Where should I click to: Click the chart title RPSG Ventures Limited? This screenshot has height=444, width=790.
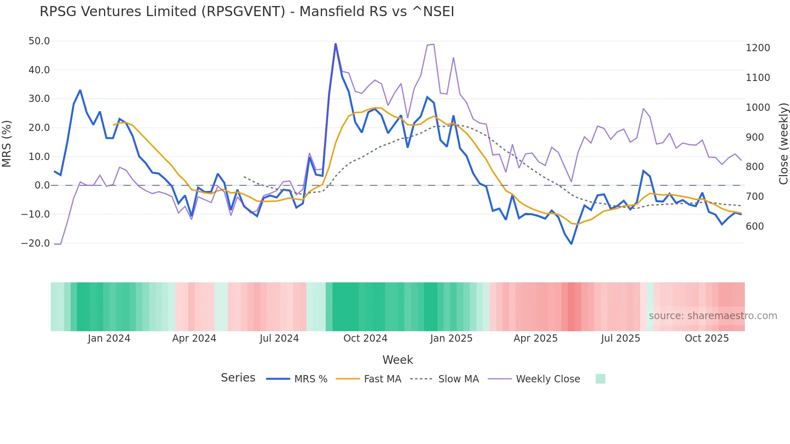[x=247, y=12]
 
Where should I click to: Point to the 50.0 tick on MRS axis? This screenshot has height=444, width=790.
[x=39, y=41]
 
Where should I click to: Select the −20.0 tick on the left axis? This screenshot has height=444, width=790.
[x=35, y=243]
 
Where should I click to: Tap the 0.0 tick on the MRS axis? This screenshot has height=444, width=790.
[x=42, y=185]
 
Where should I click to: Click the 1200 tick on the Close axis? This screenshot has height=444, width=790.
[x=758, y=48]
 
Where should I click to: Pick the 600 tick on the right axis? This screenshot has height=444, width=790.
[x=755, y=226]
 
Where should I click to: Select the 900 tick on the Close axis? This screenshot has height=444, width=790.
[x=755, y=137]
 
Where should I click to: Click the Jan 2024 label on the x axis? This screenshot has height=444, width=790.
[x=109, y=338]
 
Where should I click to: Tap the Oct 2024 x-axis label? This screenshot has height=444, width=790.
[x=365, y=338]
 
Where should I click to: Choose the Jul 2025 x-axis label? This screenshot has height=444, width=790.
[x=620, y=338]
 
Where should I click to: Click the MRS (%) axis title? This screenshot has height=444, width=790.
[x=7, y=144]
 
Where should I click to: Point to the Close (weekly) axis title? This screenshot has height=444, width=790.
[x=783, y=144]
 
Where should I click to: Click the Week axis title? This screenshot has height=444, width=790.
[x=397, y=360]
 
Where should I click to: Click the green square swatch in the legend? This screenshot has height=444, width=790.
[x=600, y=379]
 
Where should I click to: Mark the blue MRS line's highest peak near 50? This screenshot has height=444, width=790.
[x=335, y=44]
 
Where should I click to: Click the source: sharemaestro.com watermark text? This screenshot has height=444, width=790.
[x=713, y=316]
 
